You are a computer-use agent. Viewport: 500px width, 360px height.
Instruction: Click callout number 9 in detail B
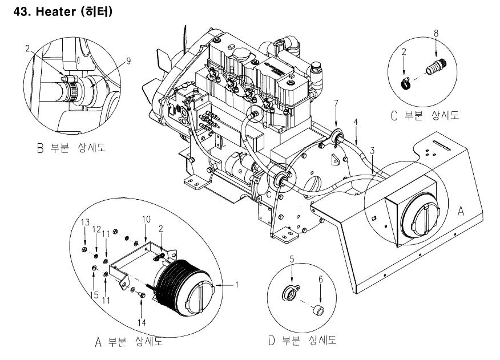128,61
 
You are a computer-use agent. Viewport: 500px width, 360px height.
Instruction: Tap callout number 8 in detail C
436,33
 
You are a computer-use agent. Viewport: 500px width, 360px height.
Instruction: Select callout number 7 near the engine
336,103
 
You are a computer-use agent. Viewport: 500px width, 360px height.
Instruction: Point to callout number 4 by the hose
356,122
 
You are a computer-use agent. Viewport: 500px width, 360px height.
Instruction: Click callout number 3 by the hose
372,151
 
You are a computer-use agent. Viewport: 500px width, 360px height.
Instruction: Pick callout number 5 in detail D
292,259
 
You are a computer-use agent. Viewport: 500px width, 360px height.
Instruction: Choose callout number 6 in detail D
320,280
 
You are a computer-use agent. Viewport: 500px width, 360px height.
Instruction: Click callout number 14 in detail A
142,322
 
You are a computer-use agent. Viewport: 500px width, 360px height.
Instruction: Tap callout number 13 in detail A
85,223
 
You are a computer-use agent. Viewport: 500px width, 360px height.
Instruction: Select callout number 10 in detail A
146,220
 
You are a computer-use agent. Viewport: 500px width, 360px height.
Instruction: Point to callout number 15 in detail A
94,295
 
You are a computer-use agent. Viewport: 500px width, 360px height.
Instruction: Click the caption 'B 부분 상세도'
71,148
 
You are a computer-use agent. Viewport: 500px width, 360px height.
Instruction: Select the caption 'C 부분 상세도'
425,115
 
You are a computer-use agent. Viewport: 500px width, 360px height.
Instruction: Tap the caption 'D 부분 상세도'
303,341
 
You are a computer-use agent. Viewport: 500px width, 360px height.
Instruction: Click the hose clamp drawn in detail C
405,84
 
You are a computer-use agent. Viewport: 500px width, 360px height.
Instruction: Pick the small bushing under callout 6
319,310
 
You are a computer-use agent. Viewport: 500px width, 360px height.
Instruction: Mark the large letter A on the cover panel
461,211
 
